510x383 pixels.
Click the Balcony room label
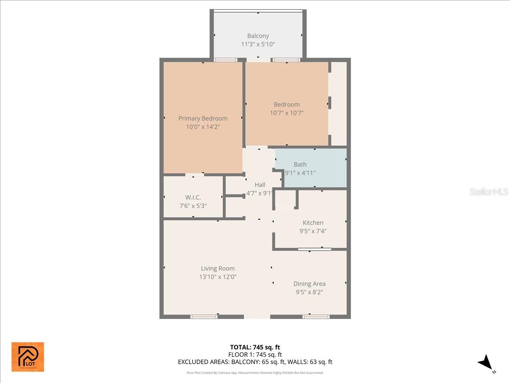point(258,36)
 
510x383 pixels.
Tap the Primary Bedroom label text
point(203,118)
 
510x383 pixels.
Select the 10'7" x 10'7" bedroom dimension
point(286,113)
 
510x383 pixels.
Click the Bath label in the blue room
point(300,164)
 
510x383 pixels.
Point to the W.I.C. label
point(193,197)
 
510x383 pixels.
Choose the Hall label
point(260,185)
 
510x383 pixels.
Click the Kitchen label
point(313,223)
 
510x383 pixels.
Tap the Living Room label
point(218,269)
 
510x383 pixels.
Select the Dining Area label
point(309,284)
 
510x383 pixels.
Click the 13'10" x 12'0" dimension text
point(218,277)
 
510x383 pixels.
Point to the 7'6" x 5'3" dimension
point(193,206)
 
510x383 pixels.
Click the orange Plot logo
point(28,357)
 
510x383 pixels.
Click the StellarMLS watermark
point(489,192)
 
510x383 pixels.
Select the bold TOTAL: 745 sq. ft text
point(255,347)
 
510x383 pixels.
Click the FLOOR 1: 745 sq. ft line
point(255,354)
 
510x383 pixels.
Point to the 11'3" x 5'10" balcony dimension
point(258,44)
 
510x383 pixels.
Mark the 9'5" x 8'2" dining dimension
point(309,292)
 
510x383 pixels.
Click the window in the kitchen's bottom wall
point(314,249)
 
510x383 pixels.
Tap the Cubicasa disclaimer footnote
point(255,373)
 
